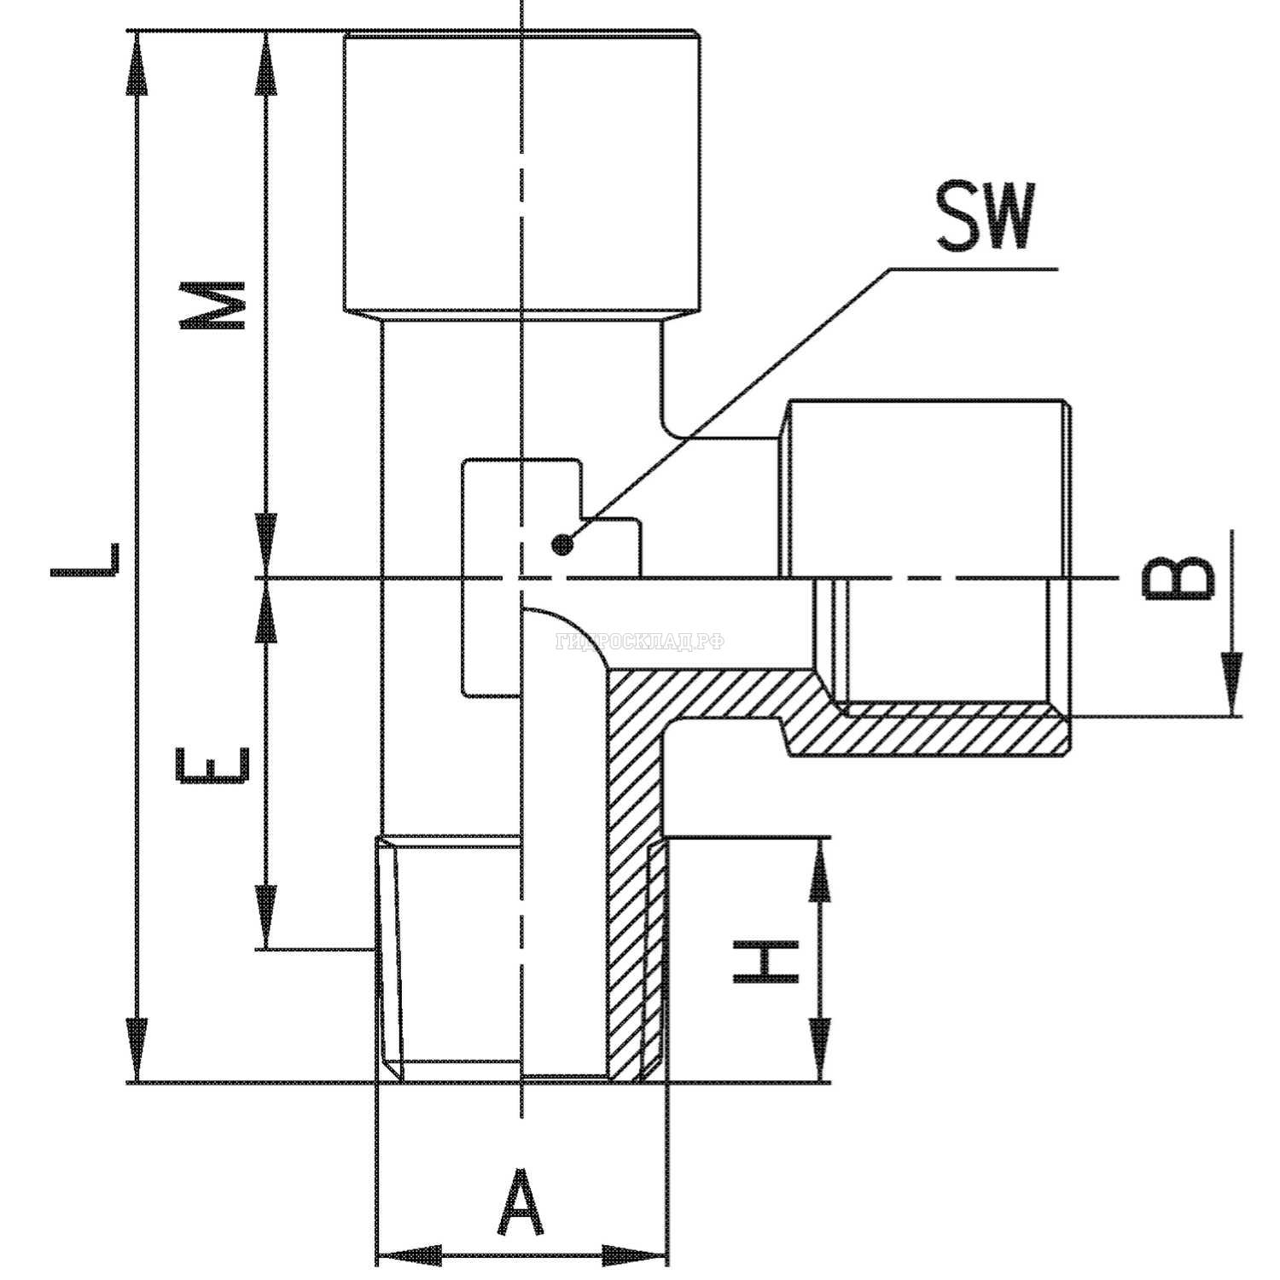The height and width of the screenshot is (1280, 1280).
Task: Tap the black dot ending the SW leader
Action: pyautogui.click(x=561, y=544)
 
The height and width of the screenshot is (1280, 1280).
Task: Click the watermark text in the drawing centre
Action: pyautogui.click(x=640, y=642)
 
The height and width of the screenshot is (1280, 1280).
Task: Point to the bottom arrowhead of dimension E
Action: pyautogui.click(x=267, y=917)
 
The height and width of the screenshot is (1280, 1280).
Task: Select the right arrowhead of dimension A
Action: pyautogui.click(x=635, y=1255)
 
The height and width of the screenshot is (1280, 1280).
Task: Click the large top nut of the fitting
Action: pyautogui.click(x=521, y=171)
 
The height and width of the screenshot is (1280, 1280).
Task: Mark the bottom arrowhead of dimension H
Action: pyautogui.click(x=820, y=1052)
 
